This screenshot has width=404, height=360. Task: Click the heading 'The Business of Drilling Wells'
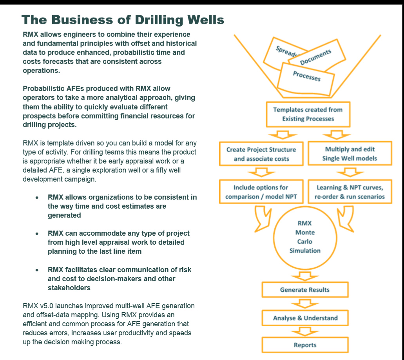123,20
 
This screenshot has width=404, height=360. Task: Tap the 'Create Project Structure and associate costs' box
261,154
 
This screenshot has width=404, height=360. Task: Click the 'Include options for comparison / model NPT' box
261,192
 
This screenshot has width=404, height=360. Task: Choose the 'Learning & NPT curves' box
350,192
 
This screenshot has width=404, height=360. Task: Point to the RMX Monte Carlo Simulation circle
304,237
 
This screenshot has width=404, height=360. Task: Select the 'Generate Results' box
304,290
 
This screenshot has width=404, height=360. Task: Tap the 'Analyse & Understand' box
304,318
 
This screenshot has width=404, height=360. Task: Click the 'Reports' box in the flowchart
304,345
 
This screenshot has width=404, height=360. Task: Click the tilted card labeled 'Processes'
306,76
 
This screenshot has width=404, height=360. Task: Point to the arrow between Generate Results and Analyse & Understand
304,304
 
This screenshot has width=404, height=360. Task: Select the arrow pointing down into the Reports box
304,332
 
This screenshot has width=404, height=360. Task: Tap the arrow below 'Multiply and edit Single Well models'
350,172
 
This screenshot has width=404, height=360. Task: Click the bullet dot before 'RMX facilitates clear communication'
37,270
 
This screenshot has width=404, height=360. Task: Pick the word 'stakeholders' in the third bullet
69,288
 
